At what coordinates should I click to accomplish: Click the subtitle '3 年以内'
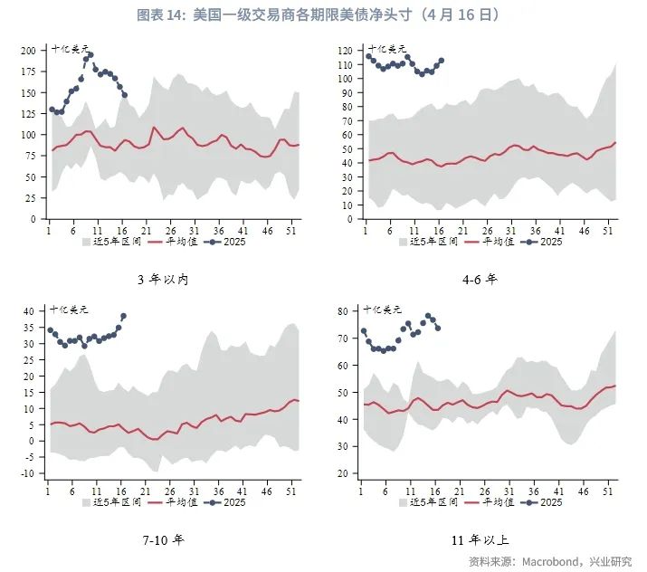pos(162,279)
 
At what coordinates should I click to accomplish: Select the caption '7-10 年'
pos(163,540)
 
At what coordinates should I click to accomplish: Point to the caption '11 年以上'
pos(479,540)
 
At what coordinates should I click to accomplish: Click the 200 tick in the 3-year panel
pos(30,51)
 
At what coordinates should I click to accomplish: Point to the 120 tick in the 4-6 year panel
pos(345,51)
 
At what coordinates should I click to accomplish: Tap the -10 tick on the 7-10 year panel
pos(27,473)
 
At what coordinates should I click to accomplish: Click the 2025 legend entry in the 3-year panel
pos(227,243)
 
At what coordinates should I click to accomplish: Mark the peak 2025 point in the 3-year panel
pos(90,55)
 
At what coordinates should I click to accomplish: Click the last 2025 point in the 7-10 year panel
pos(123,316)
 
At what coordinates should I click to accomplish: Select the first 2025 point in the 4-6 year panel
pos(368,56)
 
